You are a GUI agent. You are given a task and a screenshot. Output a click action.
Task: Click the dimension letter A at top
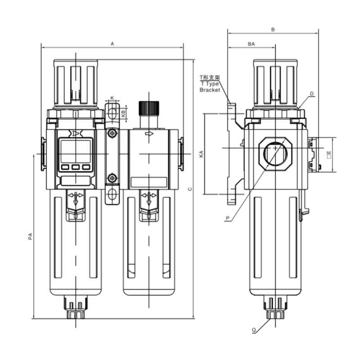[x=112, y=44]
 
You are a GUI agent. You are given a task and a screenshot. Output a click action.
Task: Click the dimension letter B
[x=273, y=29]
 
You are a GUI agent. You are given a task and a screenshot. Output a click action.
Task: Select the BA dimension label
[x=251, y=44]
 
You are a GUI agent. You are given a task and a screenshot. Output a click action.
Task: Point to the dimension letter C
[x=190, y=189]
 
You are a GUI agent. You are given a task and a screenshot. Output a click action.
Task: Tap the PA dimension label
[x=29, y=236]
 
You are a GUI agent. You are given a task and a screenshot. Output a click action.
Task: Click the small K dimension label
[x=112, y=97]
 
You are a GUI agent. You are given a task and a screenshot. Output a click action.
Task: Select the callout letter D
[x=311, y=94]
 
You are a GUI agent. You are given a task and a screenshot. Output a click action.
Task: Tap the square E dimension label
[x=329, y=155]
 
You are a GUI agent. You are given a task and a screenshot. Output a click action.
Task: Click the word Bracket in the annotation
[x=210, y=90]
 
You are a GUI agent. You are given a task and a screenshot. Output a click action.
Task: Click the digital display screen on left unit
[x=76, y=150]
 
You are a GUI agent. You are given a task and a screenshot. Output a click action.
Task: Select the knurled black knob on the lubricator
[x=149, y=108]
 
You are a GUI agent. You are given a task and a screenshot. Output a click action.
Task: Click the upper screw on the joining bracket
[x=112, y=134]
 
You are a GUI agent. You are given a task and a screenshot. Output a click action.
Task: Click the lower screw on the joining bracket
[x=112, y=178]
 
